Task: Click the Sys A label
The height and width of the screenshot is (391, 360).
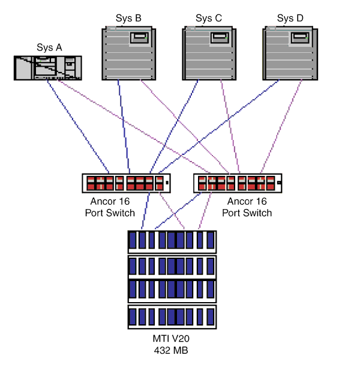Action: point(49,47)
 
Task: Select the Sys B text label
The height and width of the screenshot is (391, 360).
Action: point(128,19)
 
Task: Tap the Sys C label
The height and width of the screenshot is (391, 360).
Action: point(209,19)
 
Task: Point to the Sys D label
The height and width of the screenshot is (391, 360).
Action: point(290,19)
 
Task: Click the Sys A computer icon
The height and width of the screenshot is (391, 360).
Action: point(48,68)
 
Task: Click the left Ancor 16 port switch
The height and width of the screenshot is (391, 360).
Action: point(127,183)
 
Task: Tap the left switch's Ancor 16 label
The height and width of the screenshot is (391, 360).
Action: point(110,202)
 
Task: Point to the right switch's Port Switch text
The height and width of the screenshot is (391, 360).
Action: point(247,213)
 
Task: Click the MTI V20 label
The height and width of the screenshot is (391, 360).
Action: point(172,339)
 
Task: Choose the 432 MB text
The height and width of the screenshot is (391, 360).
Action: point(172,350)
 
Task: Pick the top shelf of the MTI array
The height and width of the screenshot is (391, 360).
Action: point(172,241)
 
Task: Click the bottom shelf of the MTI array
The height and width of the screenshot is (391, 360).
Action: point(172,317)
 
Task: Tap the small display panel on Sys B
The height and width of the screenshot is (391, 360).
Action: point(140,38)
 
